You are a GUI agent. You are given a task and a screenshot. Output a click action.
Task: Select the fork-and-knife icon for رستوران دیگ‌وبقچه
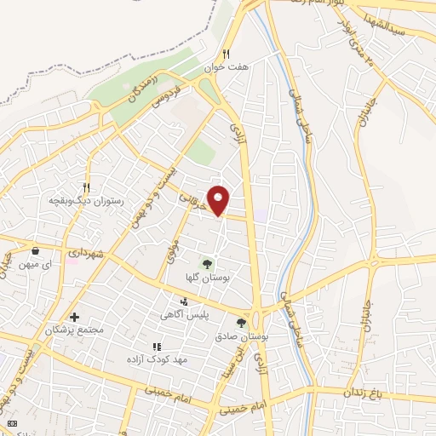click(x=86, y=186)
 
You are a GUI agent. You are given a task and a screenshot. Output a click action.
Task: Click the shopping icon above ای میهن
click(x=35, y=251)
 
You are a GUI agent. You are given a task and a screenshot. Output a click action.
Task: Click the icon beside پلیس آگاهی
click(x=184, y=301)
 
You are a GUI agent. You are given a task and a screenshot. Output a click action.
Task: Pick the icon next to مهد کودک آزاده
click(x=156, y=347)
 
